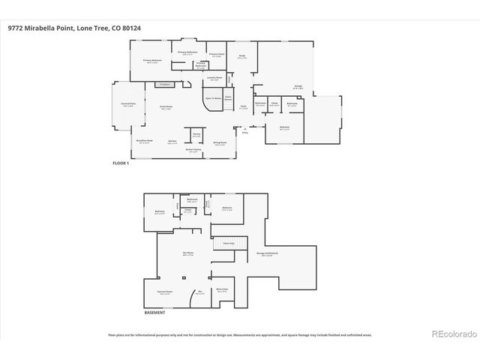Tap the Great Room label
pyautogui.click(x=166, y=108)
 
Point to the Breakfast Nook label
pyautogui.click(x=145, y=142)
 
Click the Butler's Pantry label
pyautogui.click(x=193, y=151)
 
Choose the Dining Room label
pyautogui.click(x=220, y=142)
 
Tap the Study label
pyautogui.click(x=242, y=57)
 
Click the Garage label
pyautogui.click(x=298, y=86)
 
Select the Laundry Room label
pyautogui.click(x=214, y=78)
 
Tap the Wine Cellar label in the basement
pyautogui.click(x=222, y=289)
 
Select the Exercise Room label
pyautogui.click(x=165, y=292)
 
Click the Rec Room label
pyautogui.click(x=188, y=254)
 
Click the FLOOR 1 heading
pyautogui.click(x=120, y=163)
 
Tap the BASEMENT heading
pyautogui.click(x=154, y=312)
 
